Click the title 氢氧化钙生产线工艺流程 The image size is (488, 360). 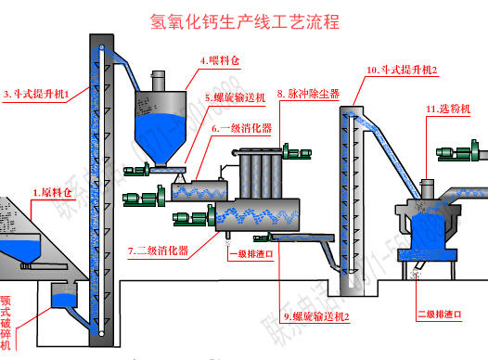tap(243, 20)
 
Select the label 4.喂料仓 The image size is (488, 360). tap(220, 61)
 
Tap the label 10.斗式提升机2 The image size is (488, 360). tap(402, 70)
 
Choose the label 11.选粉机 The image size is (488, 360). tap(448, 109)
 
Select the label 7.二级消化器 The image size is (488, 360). tap(158, 251)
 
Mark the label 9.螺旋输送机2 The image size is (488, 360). tap(315, 316)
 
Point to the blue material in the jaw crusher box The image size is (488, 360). tap(62, 300)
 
